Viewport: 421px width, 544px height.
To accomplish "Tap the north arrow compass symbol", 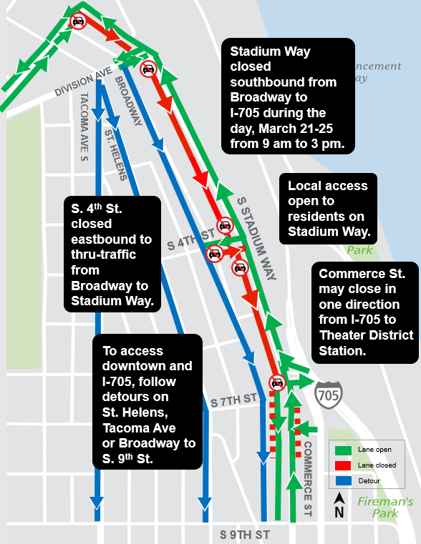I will pyautogui.click(x=339, y=505).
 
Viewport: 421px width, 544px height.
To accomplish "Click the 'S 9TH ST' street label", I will pyautogui.click(x=245, y=534).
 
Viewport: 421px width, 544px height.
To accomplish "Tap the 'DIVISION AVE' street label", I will pyautogui.click(x=84, y=83).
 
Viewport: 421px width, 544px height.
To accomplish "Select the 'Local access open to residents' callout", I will pyautogui.click(x=328, y=209).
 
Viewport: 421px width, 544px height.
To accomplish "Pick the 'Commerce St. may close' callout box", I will pyautogui.click(x=366, y=312).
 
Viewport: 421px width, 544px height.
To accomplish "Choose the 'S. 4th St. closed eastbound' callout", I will pyautogui.click(x=112, y=254).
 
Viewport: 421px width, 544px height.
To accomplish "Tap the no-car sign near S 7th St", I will pyautogui.click(x=277, y=382).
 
